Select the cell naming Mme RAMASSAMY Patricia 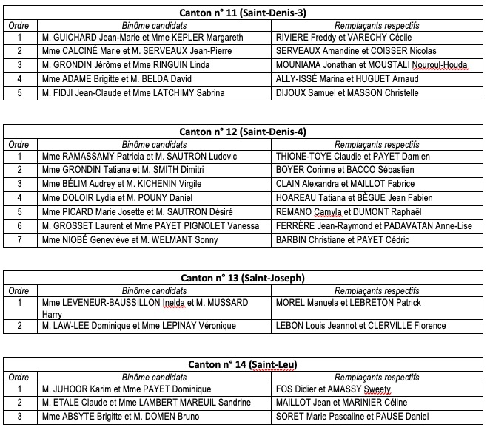pos(139,156)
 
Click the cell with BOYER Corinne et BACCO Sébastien pos(344,170)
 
